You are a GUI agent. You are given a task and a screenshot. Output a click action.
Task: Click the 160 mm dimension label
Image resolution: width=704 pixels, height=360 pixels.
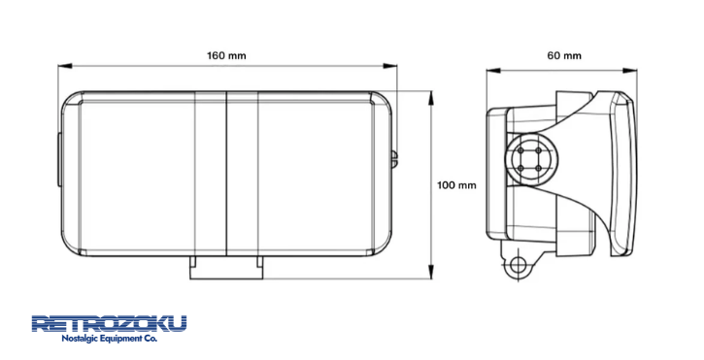pos(226,55)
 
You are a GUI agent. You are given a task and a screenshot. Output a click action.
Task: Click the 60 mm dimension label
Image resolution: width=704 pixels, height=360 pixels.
pos(564,55)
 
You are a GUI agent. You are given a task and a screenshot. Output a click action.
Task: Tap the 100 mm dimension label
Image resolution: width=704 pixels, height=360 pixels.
pos(456,185)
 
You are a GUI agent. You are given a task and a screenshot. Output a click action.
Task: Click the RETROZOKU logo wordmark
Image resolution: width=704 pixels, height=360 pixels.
pos(109,324)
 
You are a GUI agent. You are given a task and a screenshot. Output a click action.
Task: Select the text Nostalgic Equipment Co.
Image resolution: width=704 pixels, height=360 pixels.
pos(109,339)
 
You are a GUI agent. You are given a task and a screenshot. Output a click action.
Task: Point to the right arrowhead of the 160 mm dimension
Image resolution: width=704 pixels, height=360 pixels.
pos(390,66)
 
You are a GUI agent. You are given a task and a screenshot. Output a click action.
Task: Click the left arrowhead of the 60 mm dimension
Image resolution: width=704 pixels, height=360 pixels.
pos(493,71)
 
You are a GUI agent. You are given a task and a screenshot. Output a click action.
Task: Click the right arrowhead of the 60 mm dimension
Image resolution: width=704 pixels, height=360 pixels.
pos(630,71)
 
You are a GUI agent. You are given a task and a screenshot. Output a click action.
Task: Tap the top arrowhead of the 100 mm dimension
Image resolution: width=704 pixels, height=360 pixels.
pos(431,98)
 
